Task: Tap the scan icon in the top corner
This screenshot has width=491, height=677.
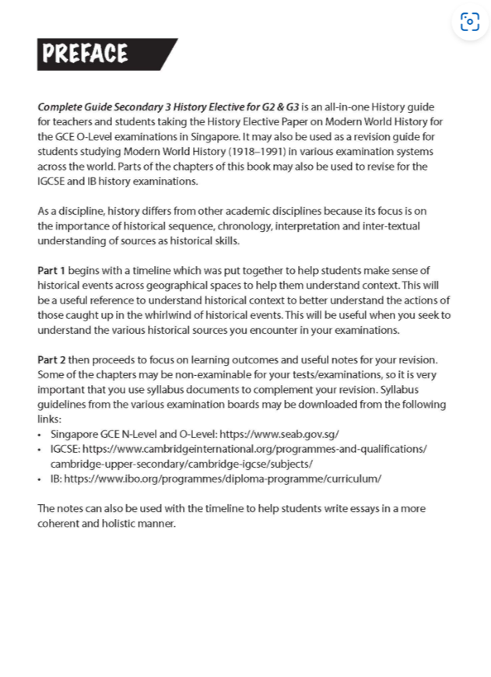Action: tap(469, 22)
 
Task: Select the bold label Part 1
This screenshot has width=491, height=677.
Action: tap(51, 271)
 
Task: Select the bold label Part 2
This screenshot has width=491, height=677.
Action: tap(51, 360)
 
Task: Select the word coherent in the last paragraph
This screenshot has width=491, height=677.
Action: tap(57, 523)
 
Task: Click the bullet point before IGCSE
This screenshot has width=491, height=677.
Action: tap(40, 449)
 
